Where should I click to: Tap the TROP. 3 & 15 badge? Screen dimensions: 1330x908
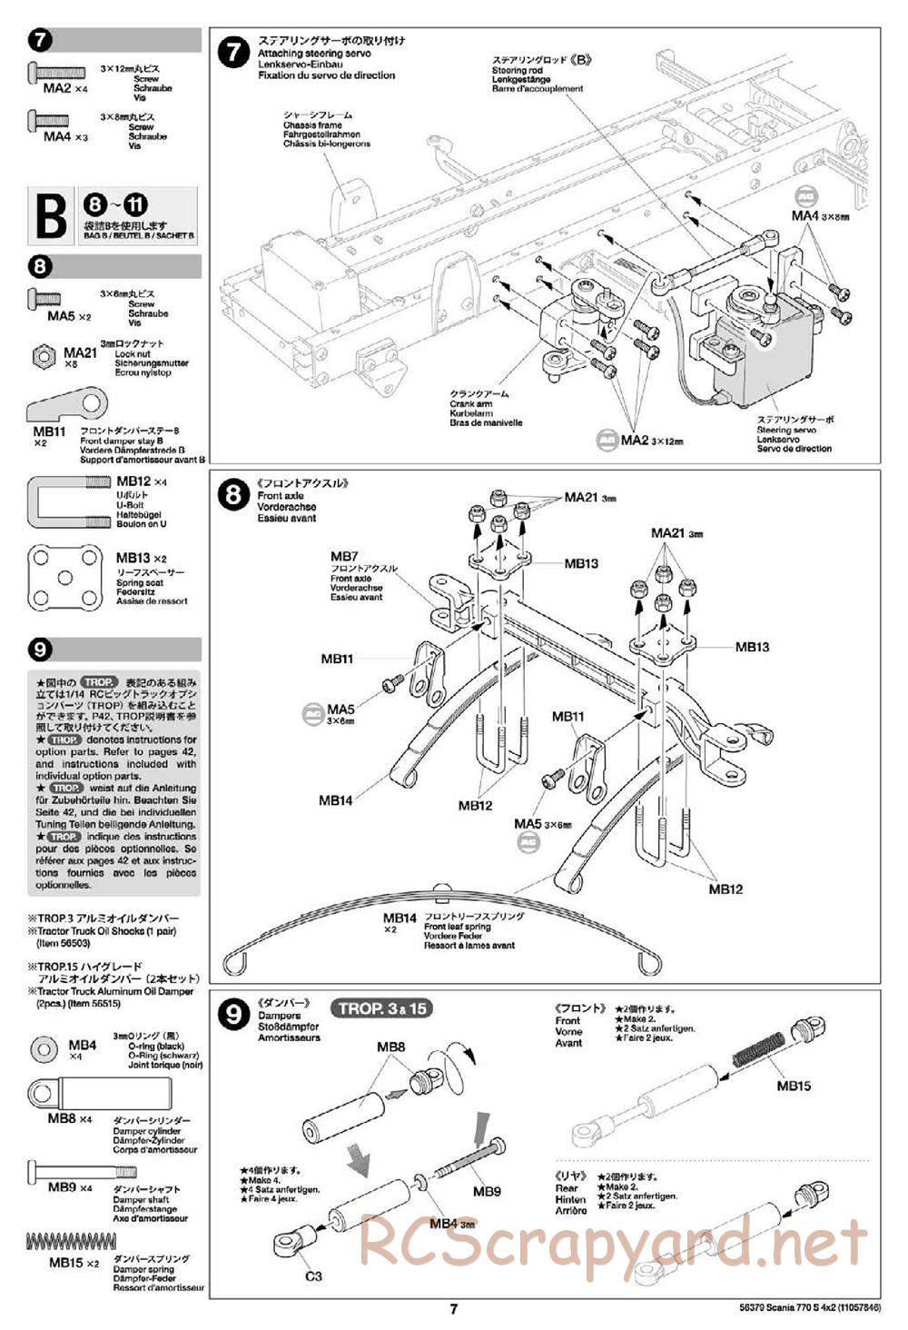coord(383,1008)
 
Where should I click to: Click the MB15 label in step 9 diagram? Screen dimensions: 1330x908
coord(794,1086)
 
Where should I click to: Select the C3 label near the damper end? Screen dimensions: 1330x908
coord(313,1275)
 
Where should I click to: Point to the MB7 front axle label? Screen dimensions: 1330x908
coord(344,556)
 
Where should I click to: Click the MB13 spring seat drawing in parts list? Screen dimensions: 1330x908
coord(64,576)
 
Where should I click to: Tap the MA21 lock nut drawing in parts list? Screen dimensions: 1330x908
coord(44,356)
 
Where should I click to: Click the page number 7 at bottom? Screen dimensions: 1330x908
coord(454,1309)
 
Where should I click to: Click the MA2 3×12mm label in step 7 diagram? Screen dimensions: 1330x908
coord(650,441)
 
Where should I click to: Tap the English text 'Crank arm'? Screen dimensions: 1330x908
coord(470,404)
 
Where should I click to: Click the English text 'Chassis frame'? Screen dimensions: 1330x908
coord(311,125)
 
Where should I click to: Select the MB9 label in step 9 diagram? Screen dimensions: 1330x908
coord(487,1191)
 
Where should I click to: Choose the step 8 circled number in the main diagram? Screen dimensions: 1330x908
coord(234,494)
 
